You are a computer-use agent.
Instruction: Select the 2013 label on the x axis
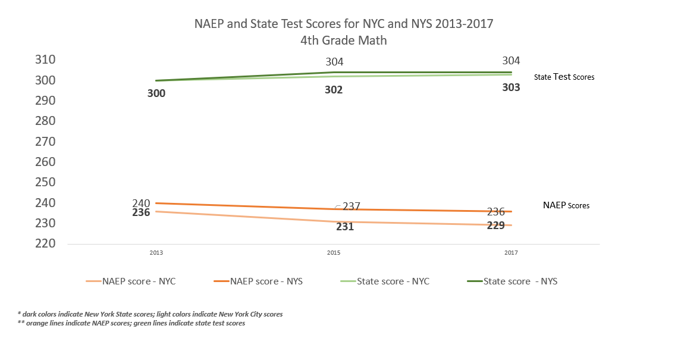coord(156,253)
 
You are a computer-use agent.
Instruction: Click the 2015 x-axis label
coord(334,253)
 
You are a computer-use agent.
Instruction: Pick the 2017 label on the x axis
coord(511,253)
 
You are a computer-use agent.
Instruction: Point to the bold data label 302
coord(334,90)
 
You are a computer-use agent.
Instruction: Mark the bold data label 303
coord(511,87)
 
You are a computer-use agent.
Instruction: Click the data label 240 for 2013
coord(141,204)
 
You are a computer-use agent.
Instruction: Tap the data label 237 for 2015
coord(351,206)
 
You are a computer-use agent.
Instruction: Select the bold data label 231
coord(344,227)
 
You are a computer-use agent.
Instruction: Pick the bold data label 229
coord(495,226)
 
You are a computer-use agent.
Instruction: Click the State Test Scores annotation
coord(564,77)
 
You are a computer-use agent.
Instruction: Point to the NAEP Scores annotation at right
coord(566,205)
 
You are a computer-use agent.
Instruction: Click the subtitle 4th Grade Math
coord(344,40)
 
